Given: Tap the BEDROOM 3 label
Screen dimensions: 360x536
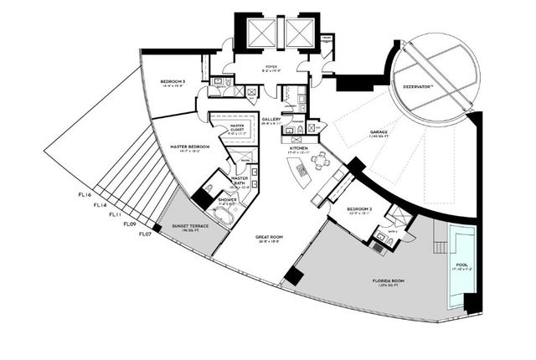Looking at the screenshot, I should pyautogui.click(x=173, y=81).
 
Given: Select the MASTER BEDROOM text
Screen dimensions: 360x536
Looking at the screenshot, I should pyautogui.click(x=189, y=147).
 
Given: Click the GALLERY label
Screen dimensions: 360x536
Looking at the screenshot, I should pyautogui.click(x=271, y=120).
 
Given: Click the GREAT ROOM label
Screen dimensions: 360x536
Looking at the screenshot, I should pyautogui.click(x=269, y=237).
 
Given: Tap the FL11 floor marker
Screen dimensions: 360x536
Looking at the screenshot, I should pyautogui.click(x=114, y=214).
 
